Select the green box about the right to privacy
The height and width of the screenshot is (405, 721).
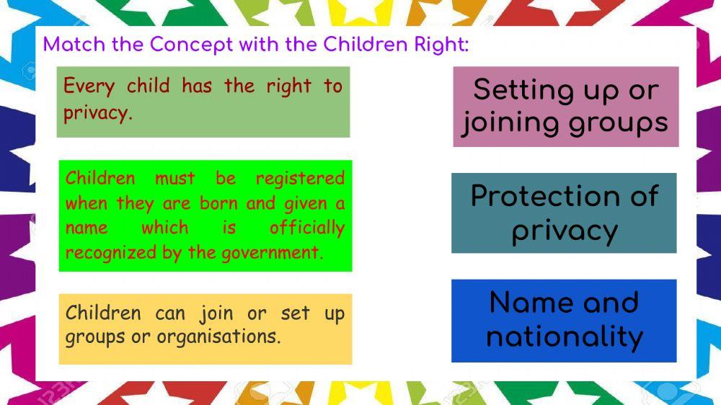click(203, 102)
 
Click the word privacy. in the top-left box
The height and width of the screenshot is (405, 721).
click(98, 114)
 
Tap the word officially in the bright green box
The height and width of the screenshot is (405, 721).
click(306, 228)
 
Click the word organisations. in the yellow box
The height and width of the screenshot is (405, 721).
click(218, 337)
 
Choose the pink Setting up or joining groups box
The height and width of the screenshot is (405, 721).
click(565, 107)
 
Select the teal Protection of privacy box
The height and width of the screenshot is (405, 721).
click(564, 213)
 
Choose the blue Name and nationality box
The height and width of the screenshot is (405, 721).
click(564, 320)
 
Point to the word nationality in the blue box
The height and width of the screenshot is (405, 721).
click(565, 337)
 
